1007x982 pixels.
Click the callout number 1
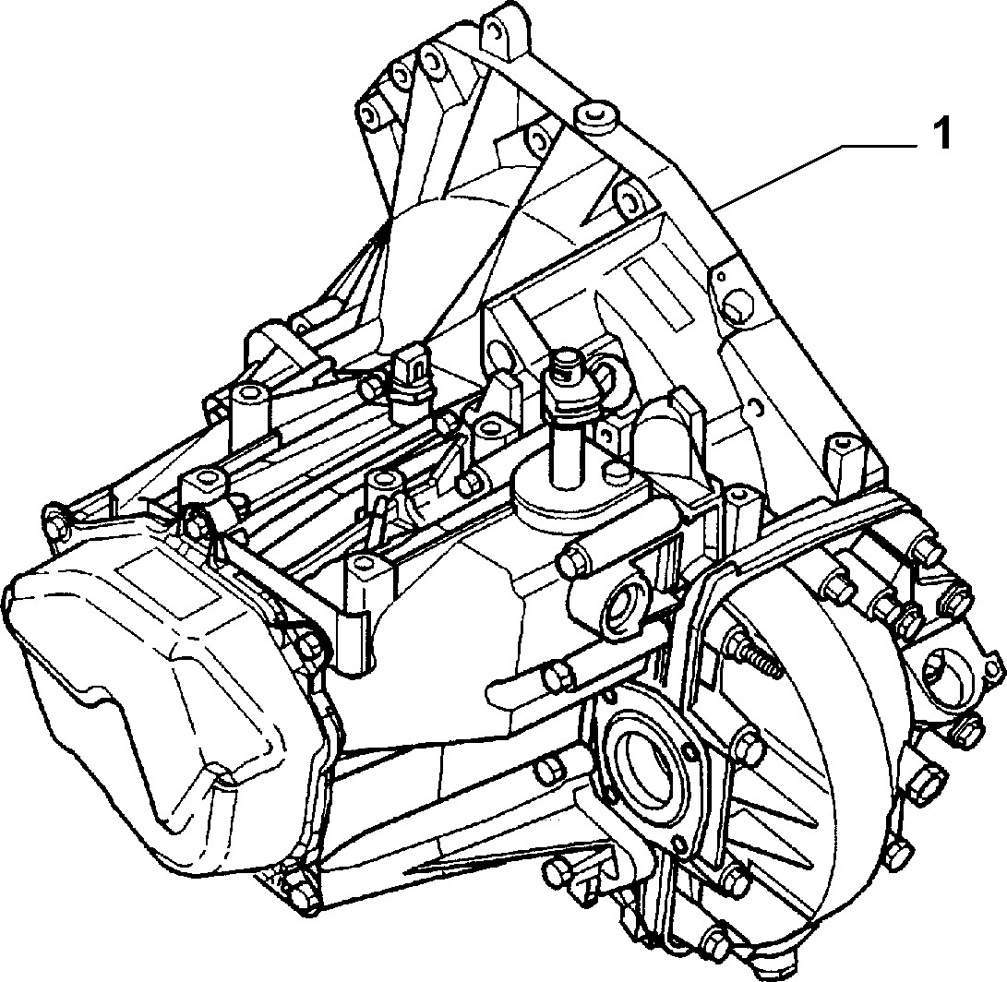tap(941, 135)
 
